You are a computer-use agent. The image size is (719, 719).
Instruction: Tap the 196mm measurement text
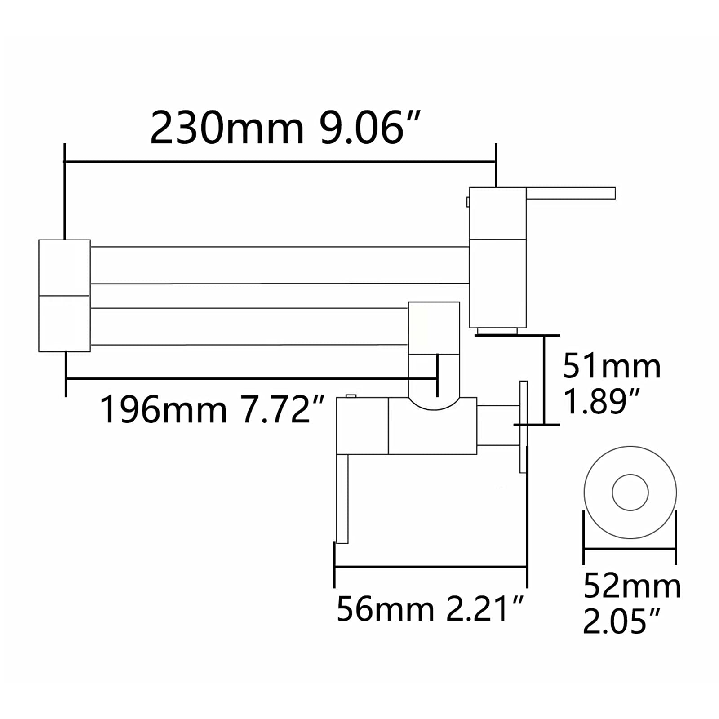[163, 409]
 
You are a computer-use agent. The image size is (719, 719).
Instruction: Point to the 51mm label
[612, 367]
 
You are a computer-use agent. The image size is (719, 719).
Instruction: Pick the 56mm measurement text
[385, 609]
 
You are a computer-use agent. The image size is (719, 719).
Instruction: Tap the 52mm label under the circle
[632, 586]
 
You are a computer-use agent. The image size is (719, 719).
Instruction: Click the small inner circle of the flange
[630, 492]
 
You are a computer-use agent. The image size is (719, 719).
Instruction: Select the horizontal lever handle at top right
[571, 193]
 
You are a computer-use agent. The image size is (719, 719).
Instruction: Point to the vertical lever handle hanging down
[342, 499]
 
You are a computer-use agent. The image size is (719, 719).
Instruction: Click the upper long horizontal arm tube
[279, 265]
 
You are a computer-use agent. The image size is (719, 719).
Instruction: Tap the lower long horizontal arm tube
[249, 327]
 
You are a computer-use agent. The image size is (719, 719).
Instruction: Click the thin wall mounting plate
[524, 427]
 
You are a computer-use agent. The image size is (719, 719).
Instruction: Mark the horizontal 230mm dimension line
[279, 161]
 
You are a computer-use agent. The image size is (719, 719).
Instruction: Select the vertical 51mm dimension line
[544, 380]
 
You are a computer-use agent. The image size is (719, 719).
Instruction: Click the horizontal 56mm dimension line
[431, 567]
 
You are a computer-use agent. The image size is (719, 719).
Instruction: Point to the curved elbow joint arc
[434, 406]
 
